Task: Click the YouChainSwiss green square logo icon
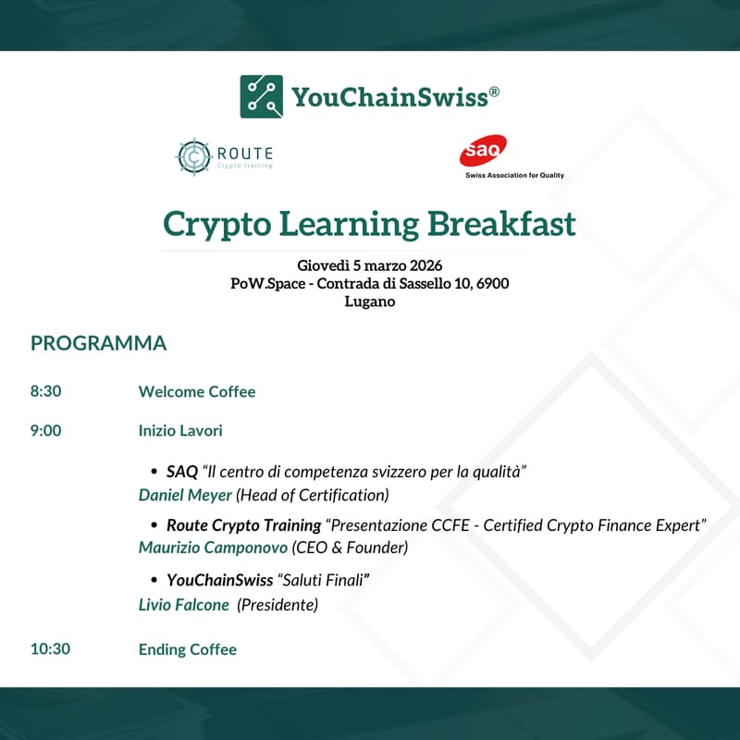click(x=262, y=96)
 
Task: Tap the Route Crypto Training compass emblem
click(x=194, y=157)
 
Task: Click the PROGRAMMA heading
click(x=99, y=343)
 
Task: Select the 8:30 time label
click(x=46, y=391)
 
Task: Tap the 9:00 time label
click(x=46, y=431)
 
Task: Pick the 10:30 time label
click(x=50, y=649)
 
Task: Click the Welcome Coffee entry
click(x=197, y=391)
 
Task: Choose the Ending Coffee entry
click(x=188, y=649)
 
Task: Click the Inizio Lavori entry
click(x=180, y=431)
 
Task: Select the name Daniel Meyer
click(x=185, y=495)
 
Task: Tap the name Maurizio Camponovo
click(x=213, y=548)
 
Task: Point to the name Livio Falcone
click(x=184, y=605)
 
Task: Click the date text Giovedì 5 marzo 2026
click(x=370, y=266)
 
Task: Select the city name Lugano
click(x=370, y=302)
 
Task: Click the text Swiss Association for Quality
click(x=514, y=175)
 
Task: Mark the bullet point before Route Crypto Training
click(x=154, y=525)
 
